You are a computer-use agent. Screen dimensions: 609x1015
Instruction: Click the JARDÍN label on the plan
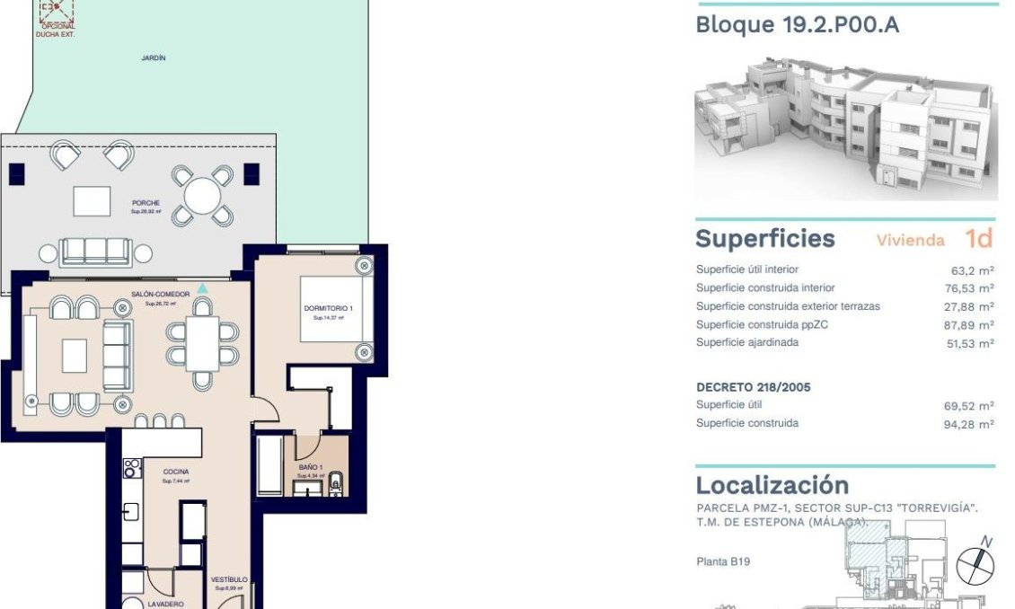pyautogui.click(x=154, y=57)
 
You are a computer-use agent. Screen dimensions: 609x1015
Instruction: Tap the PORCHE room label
pyautogui.click(x=146, y=204)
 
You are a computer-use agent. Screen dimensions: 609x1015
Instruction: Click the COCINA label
pyautogui.click(x=175, y=472)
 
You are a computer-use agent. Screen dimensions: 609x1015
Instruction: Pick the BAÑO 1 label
pyautogui.click(x=311, y=467)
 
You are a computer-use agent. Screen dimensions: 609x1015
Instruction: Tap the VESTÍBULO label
pyautogui.click(x=229, y=580)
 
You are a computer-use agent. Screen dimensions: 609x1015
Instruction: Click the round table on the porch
pyautogui.click(x=202, y=196)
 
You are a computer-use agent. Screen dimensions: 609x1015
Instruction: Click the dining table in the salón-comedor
pyautogui.click(x=202, y=344)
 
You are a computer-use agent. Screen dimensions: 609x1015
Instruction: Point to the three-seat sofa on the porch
pyautogui.click(x=95, y=252)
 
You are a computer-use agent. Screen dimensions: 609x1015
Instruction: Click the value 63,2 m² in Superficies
pyautogui.click(x=972, y=269)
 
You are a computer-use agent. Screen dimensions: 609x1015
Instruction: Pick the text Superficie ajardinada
pyautogui.click(x=747, y=342)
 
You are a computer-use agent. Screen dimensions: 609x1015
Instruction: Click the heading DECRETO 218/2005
pyautogui.click(x=754, y=387)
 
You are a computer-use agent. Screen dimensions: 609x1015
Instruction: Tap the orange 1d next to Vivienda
pyautogui.click(x=979, y=239)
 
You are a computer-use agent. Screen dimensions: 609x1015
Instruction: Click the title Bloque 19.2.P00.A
pyautogui.click(x=797, y=24)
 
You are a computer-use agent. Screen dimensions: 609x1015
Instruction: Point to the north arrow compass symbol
pyautogui.click(x=975, y=564)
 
